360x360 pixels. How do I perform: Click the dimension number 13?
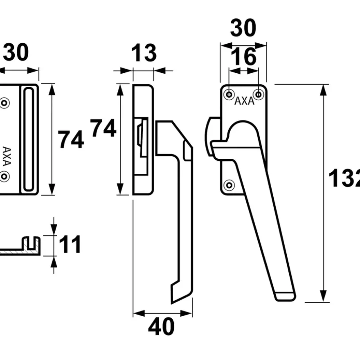(x=144, y=53)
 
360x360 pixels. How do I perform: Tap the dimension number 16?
(x=243, y=57)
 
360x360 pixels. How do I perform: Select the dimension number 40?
(x=162, y=326)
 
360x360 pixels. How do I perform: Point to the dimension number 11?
(x=70, y=244)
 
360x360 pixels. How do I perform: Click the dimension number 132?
(x=344, y=178)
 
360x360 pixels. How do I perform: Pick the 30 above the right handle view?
(x=243, y=28)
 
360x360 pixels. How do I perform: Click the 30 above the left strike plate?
(x=16, y=52)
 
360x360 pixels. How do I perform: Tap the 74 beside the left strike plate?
(x=71, y=139)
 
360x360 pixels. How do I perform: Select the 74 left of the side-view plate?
(x=103, y=128)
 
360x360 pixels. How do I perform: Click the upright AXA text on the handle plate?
(x=244, y=101)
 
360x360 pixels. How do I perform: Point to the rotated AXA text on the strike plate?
(x=7, y=156)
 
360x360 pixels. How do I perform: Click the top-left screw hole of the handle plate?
(x=229, y=94)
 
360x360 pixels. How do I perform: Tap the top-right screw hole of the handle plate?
(x=259, y=94)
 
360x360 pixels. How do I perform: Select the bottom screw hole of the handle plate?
(x=229, y=185)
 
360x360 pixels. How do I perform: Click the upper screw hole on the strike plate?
(x=4, y=103)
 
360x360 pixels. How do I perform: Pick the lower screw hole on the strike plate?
(x=4, y=177)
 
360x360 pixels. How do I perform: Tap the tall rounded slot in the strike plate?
(x=29, y=139)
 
